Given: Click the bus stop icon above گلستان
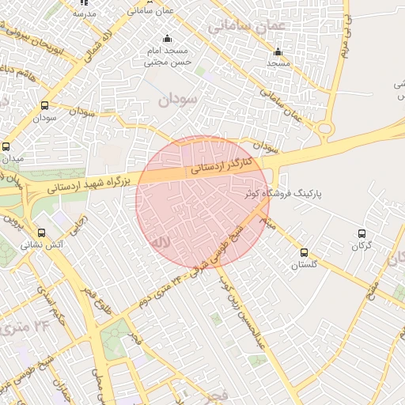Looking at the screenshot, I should (x=305, y=252).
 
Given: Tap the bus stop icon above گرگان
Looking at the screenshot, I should (x=362, y=233).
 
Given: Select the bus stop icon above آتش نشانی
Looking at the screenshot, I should (x=42, y=233).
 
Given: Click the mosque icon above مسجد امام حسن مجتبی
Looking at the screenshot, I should (x=167, y=39).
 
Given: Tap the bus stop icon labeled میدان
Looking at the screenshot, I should (x=6, y=146).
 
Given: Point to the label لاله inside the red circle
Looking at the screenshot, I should (x=161, y=240).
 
